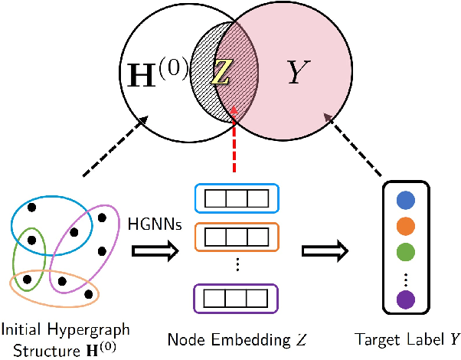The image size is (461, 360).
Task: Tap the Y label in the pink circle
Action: click(x=296, y=73)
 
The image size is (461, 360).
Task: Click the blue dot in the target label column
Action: click(x=406, y=200)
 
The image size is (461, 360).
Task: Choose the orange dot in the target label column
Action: click(x=406, y=227)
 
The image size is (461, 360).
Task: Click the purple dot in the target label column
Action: click(x=406, y=299)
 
